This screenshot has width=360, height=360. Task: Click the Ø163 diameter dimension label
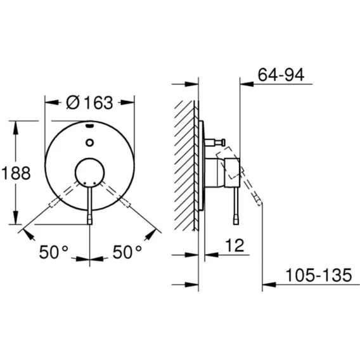click(x=89, y=103)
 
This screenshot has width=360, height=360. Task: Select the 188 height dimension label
click(x=16, y=173)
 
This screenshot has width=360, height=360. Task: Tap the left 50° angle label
click(x=53, y=252)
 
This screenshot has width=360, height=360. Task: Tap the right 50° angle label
click(x=127, y=252)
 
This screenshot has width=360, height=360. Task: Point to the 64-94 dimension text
click(x=281, y=74)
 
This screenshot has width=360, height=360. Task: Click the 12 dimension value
click(x=235, y=245)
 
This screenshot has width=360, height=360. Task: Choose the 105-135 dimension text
click(x=319, y=275)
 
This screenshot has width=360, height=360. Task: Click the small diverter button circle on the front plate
click(x=89, y=143)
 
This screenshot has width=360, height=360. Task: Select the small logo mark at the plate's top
click(x=89, y=125)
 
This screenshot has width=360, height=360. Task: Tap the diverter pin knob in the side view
click(x=222, y=143)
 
